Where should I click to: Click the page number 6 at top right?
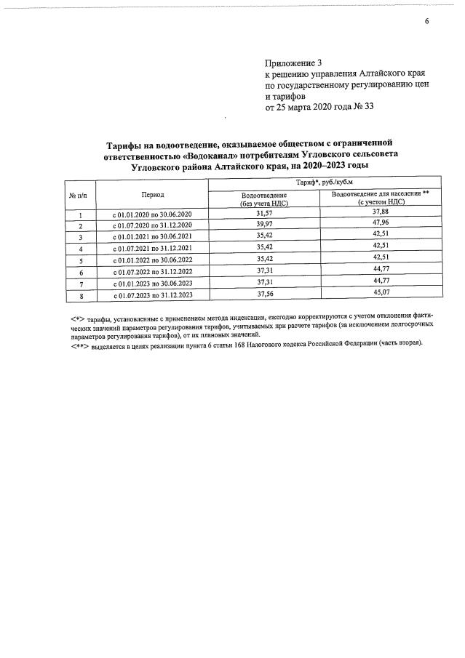427,21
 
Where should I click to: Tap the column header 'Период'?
153,195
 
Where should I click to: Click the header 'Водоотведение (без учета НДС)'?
263,199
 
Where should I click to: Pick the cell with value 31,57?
263,214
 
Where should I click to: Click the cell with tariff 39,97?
263,225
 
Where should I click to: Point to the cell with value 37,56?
263,294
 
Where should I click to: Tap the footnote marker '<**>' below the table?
79,346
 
